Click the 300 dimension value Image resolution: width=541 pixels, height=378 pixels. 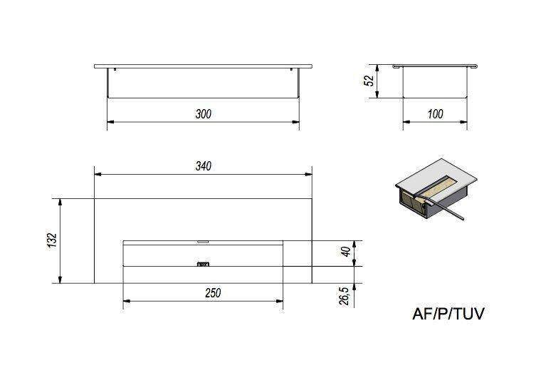click(x=203, y=114)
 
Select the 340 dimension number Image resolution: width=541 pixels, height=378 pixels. click(x=203, y=166)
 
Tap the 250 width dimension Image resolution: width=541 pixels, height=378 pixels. click(x=213, y=293)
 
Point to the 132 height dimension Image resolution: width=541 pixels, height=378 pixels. click(x=52, y=240)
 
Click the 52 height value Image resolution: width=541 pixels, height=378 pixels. click(x=369, y=81)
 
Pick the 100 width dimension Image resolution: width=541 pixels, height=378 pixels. click(x=435, y=114)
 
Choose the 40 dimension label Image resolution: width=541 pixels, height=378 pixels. click(x=346, y=252)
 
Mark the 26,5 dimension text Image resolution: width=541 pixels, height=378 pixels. click(x=345, y=296)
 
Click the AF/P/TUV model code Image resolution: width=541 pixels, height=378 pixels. click(x=448, y=314)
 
